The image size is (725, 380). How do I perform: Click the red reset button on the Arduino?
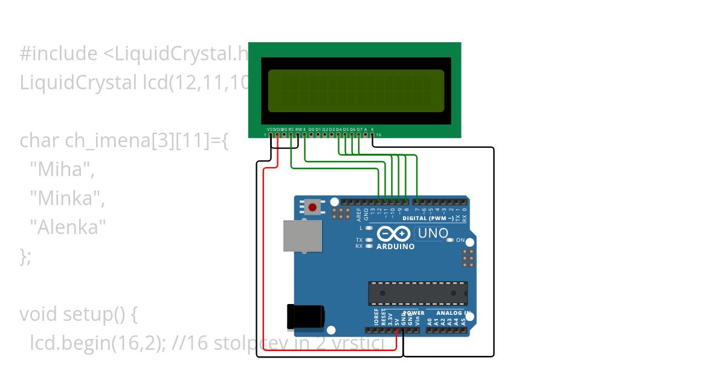tap(312, 208)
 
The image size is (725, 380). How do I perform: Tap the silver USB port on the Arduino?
tap(302, 235)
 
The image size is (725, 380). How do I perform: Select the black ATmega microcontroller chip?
tap(417, 293)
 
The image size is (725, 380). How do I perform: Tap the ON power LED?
tap(449, 241)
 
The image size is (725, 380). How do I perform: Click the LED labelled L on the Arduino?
tap(369, 229)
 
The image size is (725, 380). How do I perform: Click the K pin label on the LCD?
tap(372, 129)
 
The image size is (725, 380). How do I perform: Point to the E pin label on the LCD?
tap(304, 129)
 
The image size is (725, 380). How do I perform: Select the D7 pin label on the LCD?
tap(359, 129)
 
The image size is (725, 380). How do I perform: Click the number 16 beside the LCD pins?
tap(378, 135)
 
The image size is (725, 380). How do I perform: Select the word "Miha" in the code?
tap(60, 169)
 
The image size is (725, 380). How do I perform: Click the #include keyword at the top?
tap(58, 54)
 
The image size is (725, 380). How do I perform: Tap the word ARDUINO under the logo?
tap(395, 247)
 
